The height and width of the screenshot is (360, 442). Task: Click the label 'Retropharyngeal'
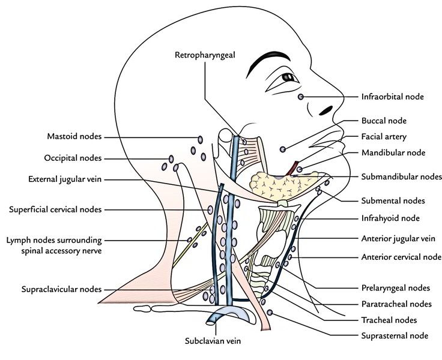coord(204,55)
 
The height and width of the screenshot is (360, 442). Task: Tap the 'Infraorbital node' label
coord(392,96)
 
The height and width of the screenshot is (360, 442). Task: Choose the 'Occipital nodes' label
coord(72,158)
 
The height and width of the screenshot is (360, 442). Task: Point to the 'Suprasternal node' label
coord(395,335)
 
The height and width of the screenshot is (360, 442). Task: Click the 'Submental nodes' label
coord(393,200)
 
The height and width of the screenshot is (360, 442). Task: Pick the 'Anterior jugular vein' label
coord(398,238)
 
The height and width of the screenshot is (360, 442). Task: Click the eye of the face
coord(289,78)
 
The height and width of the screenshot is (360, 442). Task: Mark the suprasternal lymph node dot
coord(271,313)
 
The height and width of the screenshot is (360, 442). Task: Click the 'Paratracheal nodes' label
coord(396,304)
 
